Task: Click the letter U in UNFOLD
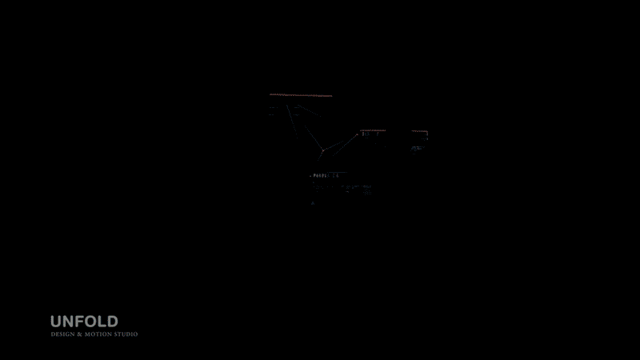(56, 322)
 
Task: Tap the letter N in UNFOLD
(68, 322)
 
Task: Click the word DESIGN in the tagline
(61, 334)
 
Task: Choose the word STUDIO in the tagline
(125, 334)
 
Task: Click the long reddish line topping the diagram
(301, 95)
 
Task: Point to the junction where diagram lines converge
(322, 150)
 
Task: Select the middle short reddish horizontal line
(373, 130)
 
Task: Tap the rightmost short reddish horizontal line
(419, 131)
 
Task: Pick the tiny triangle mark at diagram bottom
(313, 203)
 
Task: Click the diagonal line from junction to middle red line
(344, 139)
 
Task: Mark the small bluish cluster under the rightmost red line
(417, 148)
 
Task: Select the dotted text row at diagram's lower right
(357, 189)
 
